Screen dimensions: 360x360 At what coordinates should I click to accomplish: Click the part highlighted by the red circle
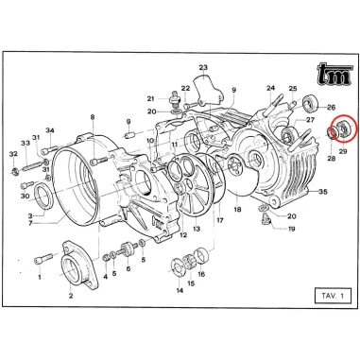click(x=339, y=130)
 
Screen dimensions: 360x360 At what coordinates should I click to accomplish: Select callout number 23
click(x=202, y=68)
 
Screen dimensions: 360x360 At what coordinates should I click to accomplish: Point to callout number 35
click(x=323, y=191)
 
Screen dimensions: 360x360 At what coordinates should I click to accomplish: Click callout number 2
click(x=71, y=295)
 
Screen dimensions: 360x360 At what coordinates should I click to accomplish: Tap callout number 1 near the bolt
click(x=40, y=278)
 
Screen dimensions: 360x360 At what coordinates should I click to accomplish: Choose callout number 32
click(x=13, y=153)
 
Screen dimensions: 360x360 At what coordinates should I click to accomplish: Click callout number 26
click(x=331, y=107)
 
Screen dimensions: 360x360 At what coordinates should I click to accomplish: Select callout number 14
click(x=179, y=290)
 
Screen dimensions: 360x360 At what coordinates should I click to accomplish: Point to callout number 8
click(x=93, y=117)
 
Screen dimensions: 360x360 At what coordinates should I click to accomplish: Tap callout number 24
click(x=270, y=89)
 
